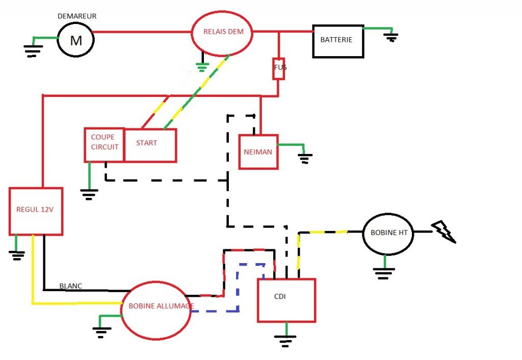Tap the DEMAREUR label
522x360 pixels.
pos(77,16)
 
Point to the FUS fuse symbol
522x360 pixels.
pos(279,69)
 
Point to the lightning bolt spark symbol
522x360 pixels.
pos(443,232)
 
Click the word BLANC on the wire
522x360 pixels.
pos(70,286)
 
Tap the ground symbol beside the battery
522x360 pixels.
pos(391,37)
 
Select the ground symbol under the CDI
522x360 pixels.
pos(285,341)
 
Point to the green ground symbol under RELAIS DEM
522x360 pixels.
pos(202,67)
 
